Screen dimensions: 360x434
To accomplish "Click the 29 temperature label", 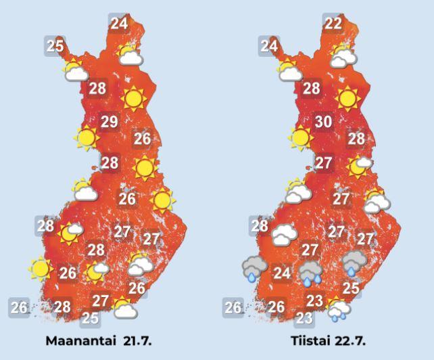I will pyautogui.click(x=110, y=122).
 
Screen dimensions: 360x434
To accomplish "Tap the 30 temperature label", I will pyautogui.click(x=324, y=122).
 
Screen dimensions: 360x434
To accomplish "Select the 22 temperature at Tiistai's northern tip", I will pyautogui.click(x=333, y=24).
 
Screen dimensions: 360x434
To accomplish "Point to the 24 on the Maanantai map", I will pyautogui.click(x=119, y=24).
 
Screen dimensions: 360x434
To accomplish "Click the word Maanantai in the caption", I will pyautogui.click(x=78, y=340).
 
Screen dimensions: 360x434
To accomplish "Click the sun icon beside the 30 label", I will pyautogui.click(x=300, y=137).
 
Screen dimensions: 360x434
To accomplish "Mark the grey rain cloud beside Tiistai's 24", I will pyautogui.click(x=253, y=268).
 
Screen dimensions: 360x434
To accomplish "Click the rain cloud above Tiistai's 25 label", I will pyautogui.click(x=354, y=263).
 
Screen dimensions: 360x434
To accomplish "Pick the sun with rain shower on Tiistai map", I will pyautogui.click(x=337, y=309).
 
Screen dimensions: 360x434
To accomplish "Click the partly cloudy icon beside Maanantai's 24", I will pyautogui.click(x=128, y=54).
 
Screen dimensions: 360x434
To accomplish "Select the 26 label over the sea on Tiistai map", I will pyautogui.click(x=233, y=308).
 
